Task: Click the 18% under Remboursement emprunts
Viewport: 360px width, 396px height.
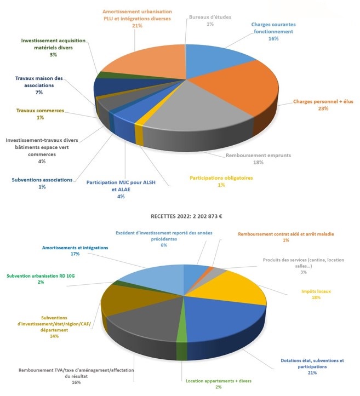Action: (258, 163)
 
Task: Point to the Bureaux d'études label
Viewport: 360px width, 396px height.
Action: (210, 17)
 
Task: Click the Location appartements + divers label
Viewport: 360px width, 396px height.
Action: (218, 381)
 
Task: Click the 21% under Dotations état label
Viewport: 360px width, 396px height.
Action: (312, 374)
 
